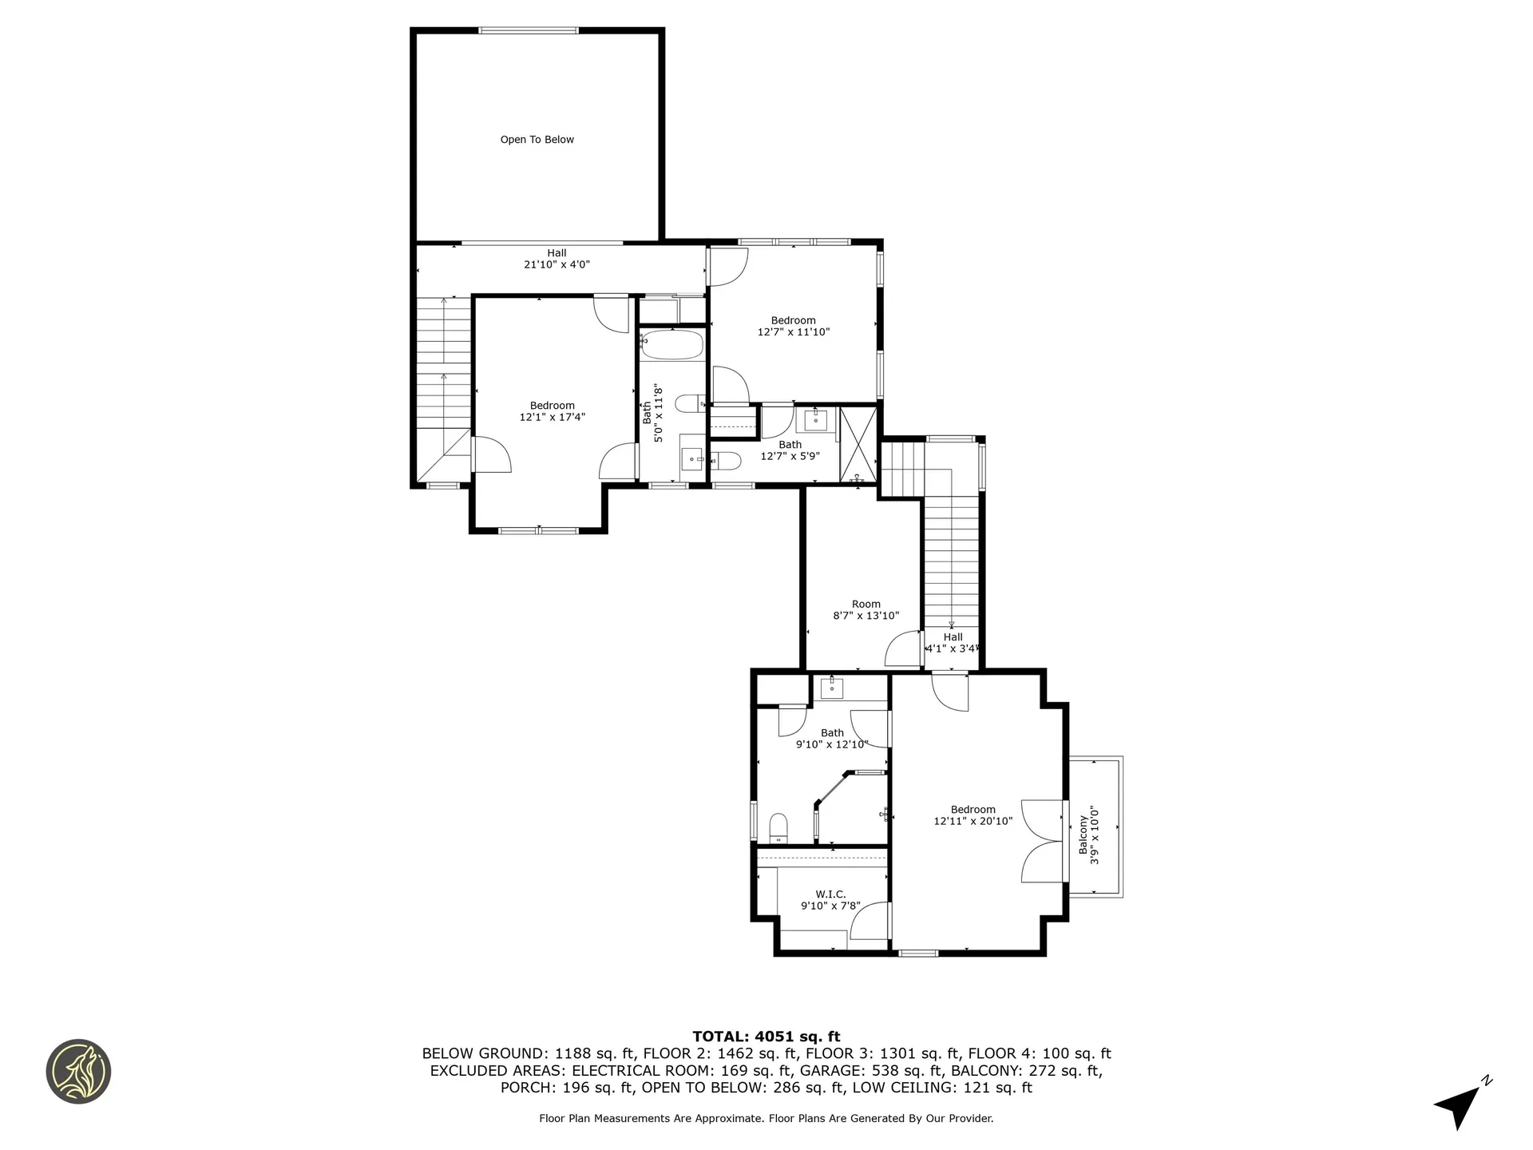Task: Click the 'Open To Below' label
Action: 537,140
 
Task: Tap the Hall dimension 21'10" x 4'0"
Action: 557,264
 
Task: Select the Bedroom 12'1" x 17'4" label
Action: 553,411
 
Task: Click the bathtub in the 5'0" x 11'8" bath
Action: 671,346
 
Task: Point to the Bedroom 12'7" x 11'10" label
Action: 793,326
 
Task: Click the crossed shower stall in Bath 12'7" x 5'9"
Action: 858,444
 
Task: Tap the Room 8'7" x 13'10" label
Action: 866,610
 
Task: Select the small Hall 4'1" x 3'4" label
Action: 952,643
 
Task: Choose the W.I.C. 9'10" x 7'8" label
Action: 830,900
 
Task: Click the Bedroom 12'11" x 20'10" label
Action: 972,815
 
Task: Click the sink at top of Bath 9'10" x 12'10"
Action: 833,687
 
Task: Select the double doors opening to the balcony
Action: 1043,841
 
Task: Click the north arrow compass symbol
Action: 1461,1104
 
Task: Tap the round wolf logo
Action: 78,1072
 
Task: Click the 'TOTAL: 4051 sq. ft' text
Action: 766,1037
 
